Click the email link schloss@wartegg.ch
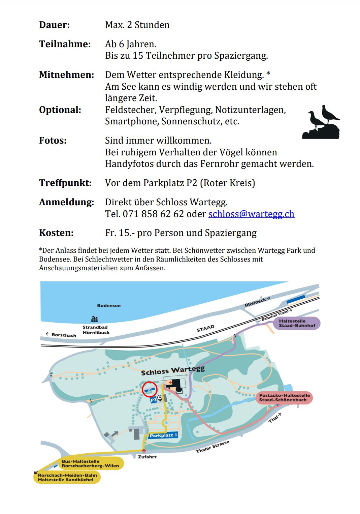click(x=251, y=214)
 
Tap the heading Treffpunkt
click(x=65, y=183)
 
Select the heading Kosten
click(x=56, y=233)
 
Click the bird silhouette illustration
click(x=321, y=122)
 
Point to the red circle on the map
click(x=150, y=390)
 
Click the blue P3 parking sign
click(x=153, y=400)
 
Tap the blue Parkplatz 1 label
click(x=163, y=435)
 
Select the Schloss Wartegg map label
click(x=173, y=371)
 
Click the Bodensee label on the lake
click(x=109, y=305)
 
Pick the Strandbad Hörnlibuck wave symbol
click(x=95, y=319)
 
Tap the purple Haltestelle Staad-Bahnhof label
click(x=297, y=323)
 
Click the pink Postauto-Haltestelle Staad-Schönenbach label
click(x=284, y=398)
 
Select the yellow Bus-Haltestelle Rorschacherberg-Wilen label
click(x=90, y=463)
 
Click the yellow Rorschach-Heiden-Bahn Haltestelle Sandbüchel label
click(x=67, y=477)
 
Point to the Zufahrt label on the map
click(x=147, y=457)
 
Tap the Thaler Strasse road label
click(x=212, y=447)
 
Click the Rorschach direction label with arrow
click(x=61, y=335)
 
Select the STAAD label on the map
click(x=205, y=328)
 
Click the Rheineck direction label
click(x=257, y=302)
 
